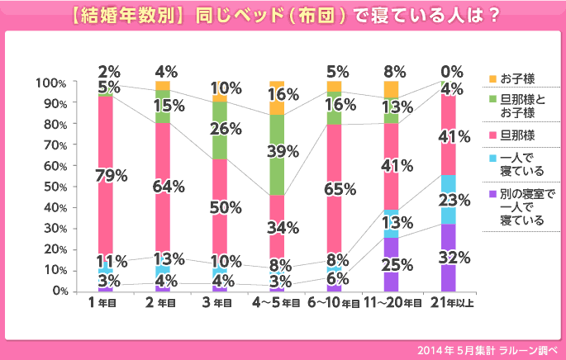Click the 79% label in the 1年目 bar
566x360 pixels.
(111, 175)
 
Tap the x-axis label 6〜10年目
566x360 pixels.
(334, 304)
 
